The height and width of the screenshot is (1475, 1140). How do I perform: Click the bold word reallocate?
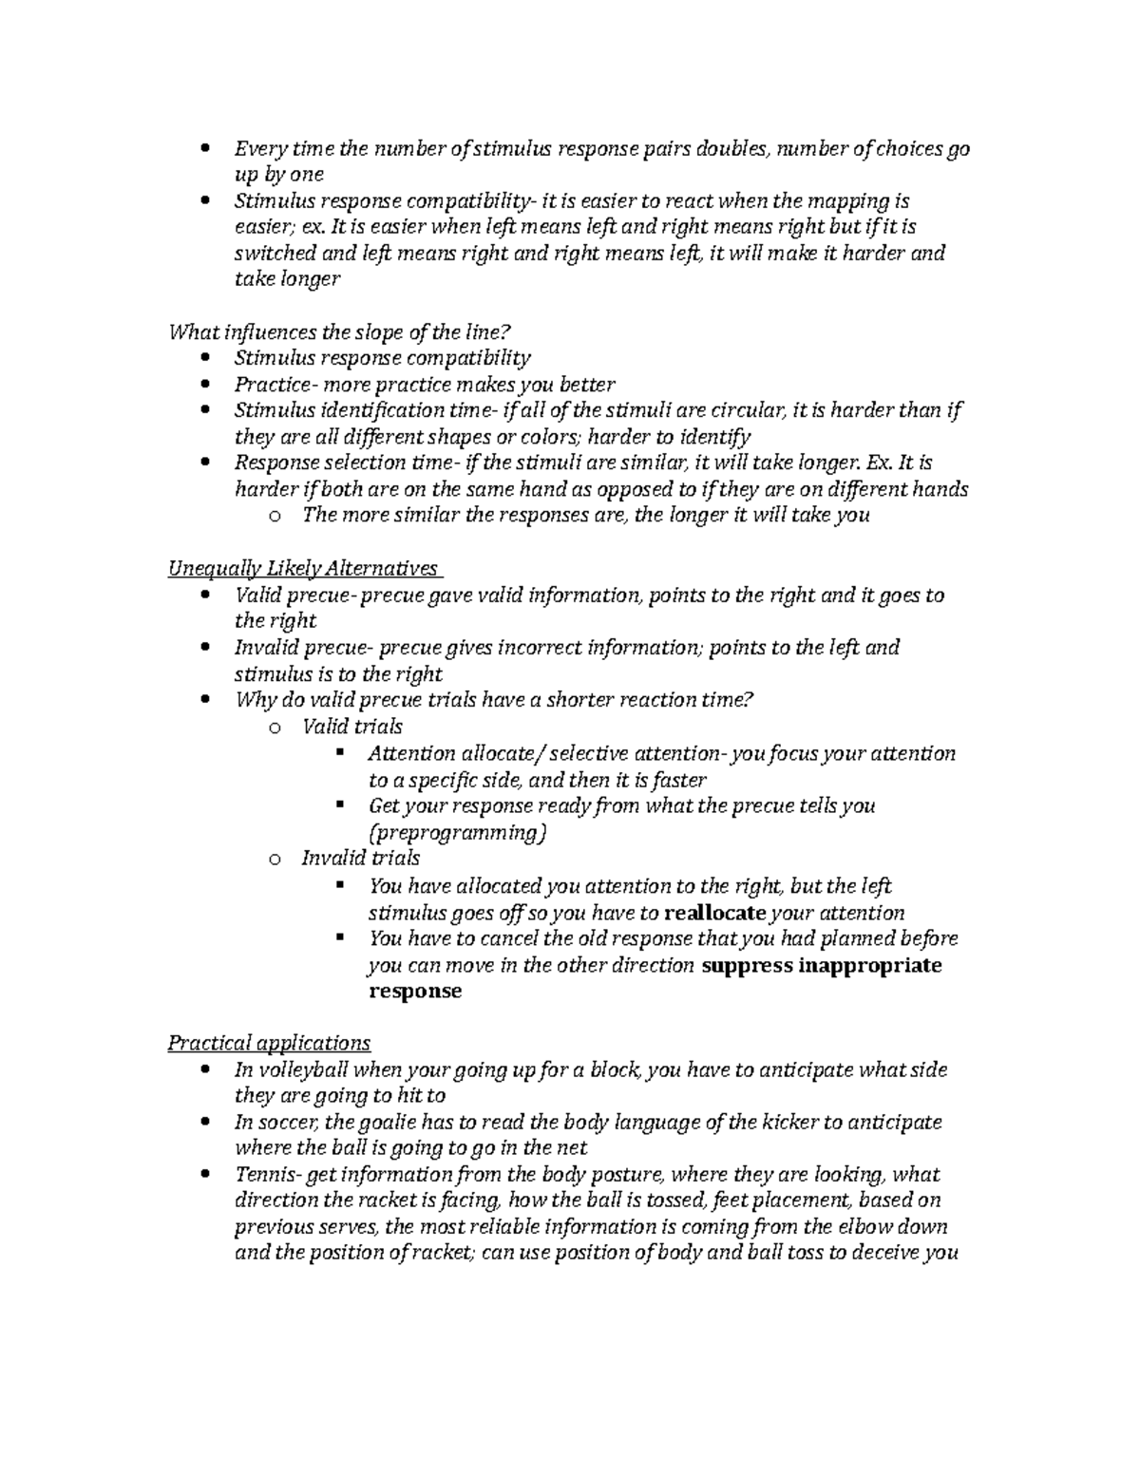tap(714, 913)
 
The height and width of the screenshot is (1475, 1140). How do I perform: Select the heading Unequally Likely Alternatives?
tap(303, 568)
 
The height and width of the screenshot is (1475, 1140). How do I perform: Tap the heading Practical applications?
tap(269, 1043)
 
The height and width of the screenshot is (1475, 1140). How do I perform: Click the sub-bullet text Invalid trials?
tap(360, 859)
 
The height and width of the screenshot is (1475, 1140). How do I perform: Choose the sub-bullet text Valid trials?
tap(351, 727)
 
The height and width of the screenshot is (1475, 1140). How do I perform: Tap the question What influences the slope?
tap(339, 331)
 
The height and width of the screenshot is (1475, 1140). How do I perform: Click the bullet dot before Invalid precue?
tap(205, 648)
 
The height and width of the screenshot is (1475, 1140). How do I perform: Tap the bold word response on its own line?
tap(414, 991)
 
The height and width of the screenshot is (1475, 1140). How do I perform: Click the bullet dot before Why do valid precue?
tap(205, 700)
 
